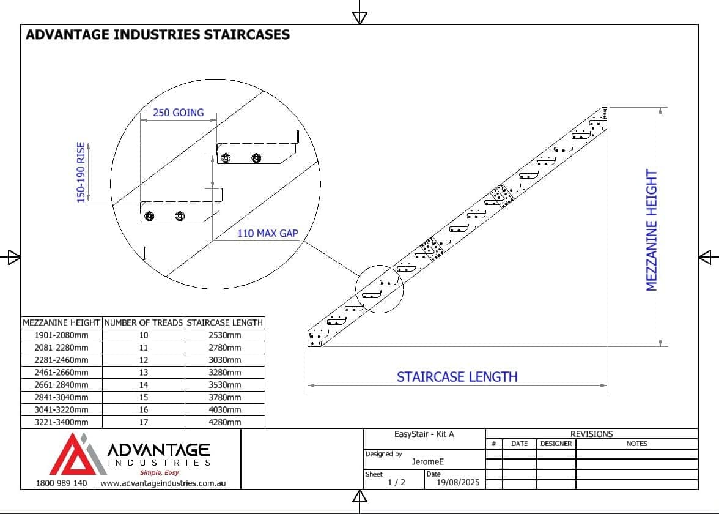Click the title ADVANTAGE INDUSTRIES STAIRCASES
pyautogui.click(x=158, y=35)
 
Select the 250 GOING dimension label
pyautogui.click(x=178, y=113)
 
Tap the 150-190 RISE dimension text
pyautogui.click(x=81, y=173)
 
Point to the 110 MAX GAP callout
pyautogui.click(x=267, y=233)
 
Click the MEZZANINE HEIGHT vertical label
pyautogui.click(x=652, y=230)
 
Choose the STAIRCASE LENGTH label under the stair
pyautogui.click(x=457, y=377)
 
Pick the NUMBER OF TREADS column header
pyautogui.click(x=143, y=322)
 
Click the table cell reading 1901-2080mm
pyautogui.click(x=61, y=335)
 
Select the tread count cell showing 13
pyautogui.click(x=143, y=373)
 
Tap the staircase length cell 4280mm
pyautogui.click(x=224, y=422)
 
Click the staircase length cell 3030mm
pyautogui.click(x=224, y=360)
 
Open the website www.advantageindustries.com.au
pyautogui.click(x=163, y=483)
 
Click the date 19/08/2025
pyautogui.click(x=458, y=482)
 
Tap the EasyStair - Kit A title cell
pyautogui.click(x=424, y=434)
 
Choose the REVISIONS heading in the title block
pyautogui.click(x=591, y=434)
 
